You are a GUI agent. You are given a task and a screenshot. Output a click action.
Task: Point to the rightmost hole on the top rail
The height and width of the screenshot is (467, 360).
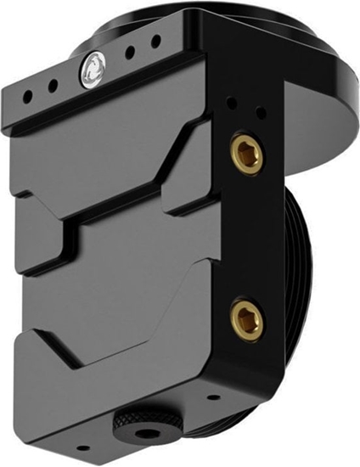[155, 40]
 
